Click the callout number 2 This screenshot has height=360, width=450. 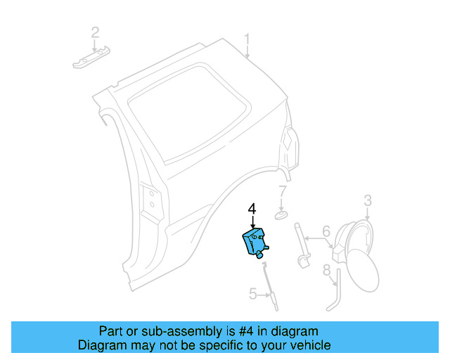point(94,32)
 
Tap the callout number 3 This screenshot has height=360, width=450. point(367,202)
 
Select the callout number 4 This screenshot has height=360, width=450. point(252,209)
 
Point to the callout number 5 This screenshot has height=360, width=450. point(252,294)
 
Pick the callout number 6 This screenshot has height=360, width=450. point(326,231)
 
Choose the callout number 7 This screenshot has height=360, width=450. point(282,191)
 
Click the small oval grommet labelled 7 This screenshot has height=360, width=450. point(281,213)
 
